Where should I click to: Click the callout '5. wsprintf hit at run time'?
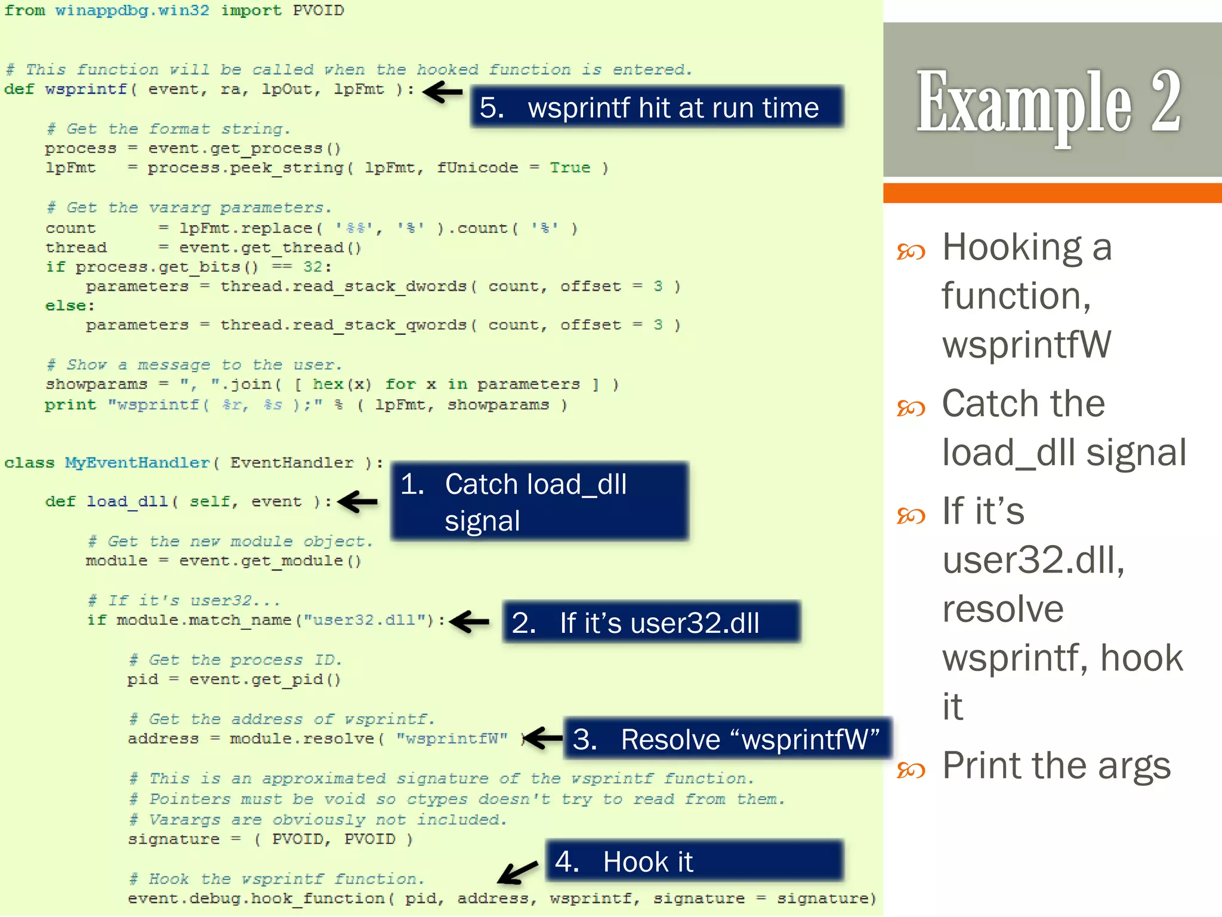(656, 107)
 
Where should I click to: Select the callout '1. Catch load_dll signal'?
(539, 501)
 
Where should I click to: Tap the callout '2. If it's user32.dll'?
(651, 623)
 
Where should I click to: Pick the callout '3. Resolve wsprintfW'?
(726, 739)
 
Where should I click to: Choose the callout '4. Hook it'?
(694, 861)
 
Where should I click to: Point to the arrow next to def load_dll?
(357, 501)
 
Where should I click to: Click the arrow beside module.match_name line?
(470, 621)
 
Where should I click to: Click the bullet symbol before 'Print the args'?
(911, 770)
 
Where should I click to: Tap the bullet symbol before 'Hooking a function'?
(911, 251)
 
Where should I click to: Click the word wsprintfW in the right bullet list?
(1026, 344)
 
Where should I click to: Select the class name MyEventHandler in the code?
(137, 463)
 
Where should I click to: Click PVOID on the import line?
(318, 11)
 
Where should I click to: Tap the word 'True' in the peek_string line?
(570, 168)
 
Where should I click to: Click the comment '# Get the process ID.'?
(236, 660)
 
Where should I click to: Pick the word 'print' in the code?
(70, 405)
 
